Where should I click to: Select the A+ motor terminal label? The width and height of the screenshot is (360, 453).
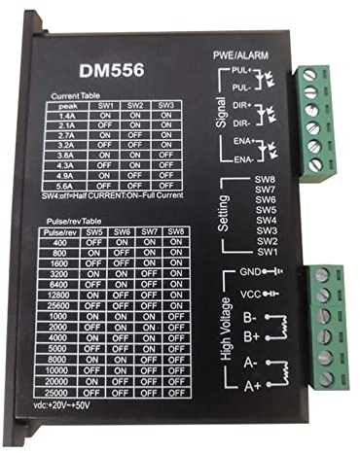coord(250,386)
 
